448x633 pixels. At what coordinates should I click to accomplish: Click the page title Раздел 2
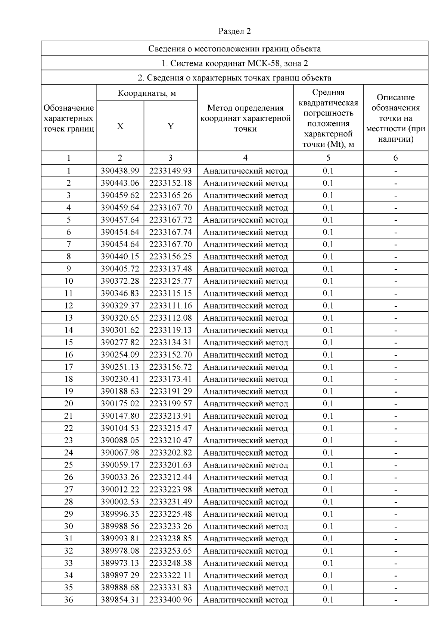point(234,31)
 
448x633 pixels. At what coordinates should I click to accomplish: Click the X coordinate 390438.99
point(120,171)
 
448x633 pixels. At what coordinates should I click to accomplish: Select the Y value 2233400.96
point(170,600)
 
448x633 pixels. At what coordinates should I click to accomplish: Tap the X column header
point(120,126)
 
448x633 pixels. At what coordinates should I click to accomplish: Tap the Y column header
point(170,126)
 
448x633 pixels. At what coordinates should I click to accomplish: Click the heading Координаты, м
point(146,93)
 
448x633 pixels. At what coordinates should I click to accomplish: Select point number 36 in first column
point(68,600)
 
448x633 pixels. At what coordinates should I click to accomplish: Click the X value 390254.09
point(120,355)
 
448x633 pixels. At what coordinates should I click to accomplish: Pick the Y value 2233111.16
point(170,306)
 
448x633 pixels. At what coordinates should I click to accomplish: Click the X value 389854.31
point(120,600)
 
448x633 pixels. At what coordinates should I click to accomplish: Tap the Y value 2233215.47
point(170,428)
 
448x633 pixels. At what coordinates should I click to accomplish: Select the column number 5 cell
point(328,158)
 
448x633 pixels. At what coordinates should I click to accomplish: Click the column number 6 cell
point(395,158)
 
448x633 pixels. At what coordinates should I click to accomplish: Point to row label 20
point(68,404)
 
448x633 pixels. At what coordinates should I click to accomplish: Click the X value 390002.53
point(120,502)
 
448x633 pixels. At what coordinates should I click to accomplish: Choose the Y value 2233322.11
point(170,575)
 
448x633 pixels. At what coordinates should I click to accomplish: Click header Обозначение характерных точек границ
point(68,119)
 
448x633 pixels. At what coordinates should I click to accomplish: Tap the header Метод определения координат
point(245,119)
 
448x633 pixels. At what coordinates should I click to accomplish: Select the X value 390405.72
point(120,269)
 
